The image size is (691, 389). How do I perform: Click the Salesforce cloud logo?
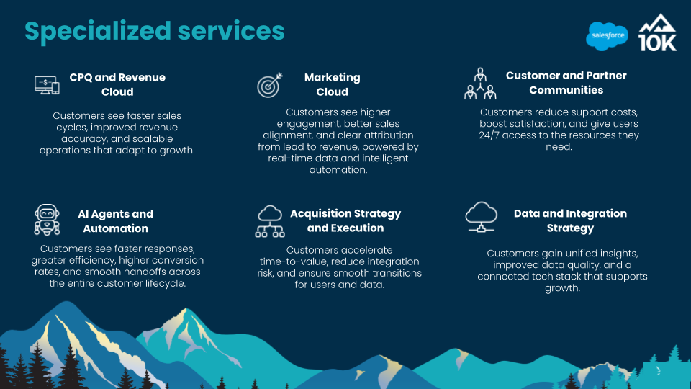[608, 36]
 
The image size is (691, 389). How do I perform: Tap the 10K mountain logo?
[657, 32]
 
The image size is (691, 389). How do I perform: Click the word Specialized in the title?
[98, 32]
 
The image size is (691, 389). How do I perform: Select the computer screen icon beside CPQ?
[48, 85]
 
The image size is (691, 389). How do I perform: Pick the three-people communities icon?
[480, 84]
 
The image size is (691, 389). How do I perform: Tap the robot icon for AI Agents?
[48, 220]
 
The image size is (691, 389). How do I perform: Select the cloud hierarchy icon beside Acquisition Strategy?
[270, 221]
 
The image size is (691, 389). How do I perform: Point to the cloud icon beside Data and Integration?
[482, 217]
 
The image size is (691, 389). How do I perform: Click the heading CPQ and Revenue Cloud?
[117, 85]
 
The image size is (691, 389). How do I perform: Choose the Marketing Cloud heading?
[333, 85]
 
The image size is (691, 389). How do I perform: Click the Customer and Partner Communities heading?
[566, 83]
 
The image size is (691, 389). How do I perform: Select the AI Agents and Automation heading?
[115, 221]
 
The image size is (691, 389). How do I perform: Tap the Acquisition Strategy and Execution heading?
[345, 220]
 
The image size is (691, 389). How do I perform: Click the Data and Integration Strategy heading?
[570, 220]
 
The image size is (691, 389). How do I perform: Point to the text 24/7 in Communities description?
[489, 135]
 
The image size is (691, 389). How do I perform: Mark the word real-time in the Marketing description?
[289, 158]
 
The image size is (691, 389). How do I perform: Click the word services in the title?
[231, 32]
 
